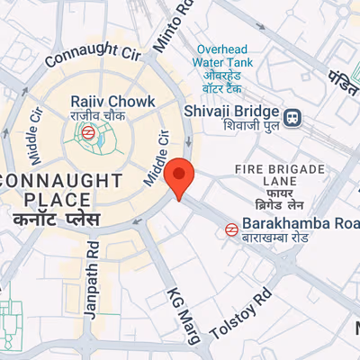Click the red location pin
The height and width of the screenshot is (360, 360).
180,176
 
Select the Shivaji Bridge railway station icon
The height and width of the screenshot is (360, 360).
292,117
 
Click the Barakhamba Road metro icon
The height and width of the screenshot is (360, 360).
232,229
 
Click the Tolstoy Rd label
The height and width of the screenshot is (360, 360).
239,316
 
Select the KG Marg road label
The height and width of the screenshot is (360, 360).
184,315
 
